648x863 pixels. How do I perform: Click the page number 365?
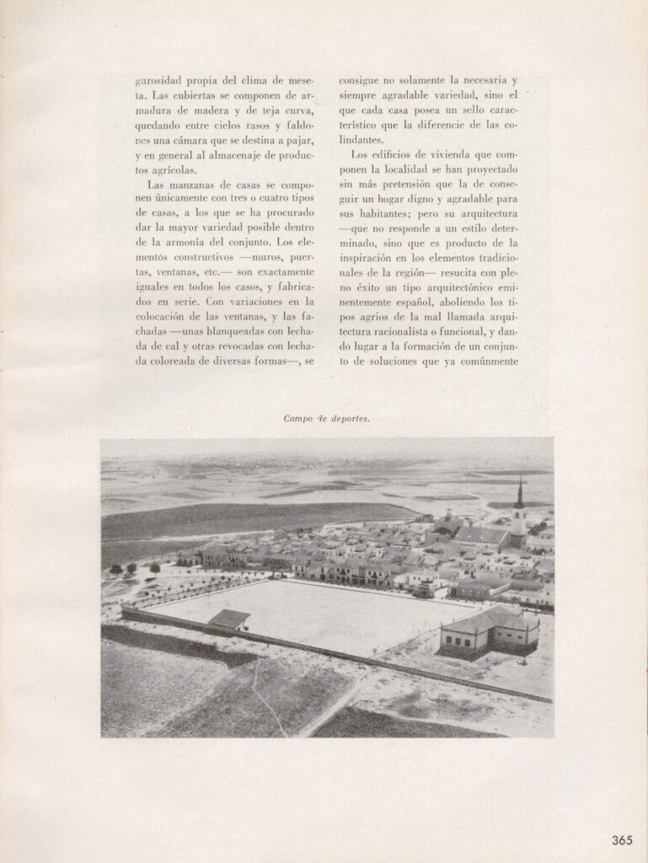(622, 839)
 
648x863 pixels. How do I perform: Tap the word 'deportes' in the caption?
(348, 418)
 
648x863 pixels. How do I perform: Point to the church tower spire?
(520, 495)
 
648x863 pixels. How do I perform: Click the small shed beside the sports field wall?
(228, 620)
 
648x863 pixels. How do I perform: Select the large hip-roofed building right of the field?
(489, 630)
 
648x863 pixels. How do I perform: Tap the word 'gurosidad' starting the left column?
(159, 81)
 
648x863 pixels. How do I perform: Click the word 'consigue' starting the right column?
(361, 81)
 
